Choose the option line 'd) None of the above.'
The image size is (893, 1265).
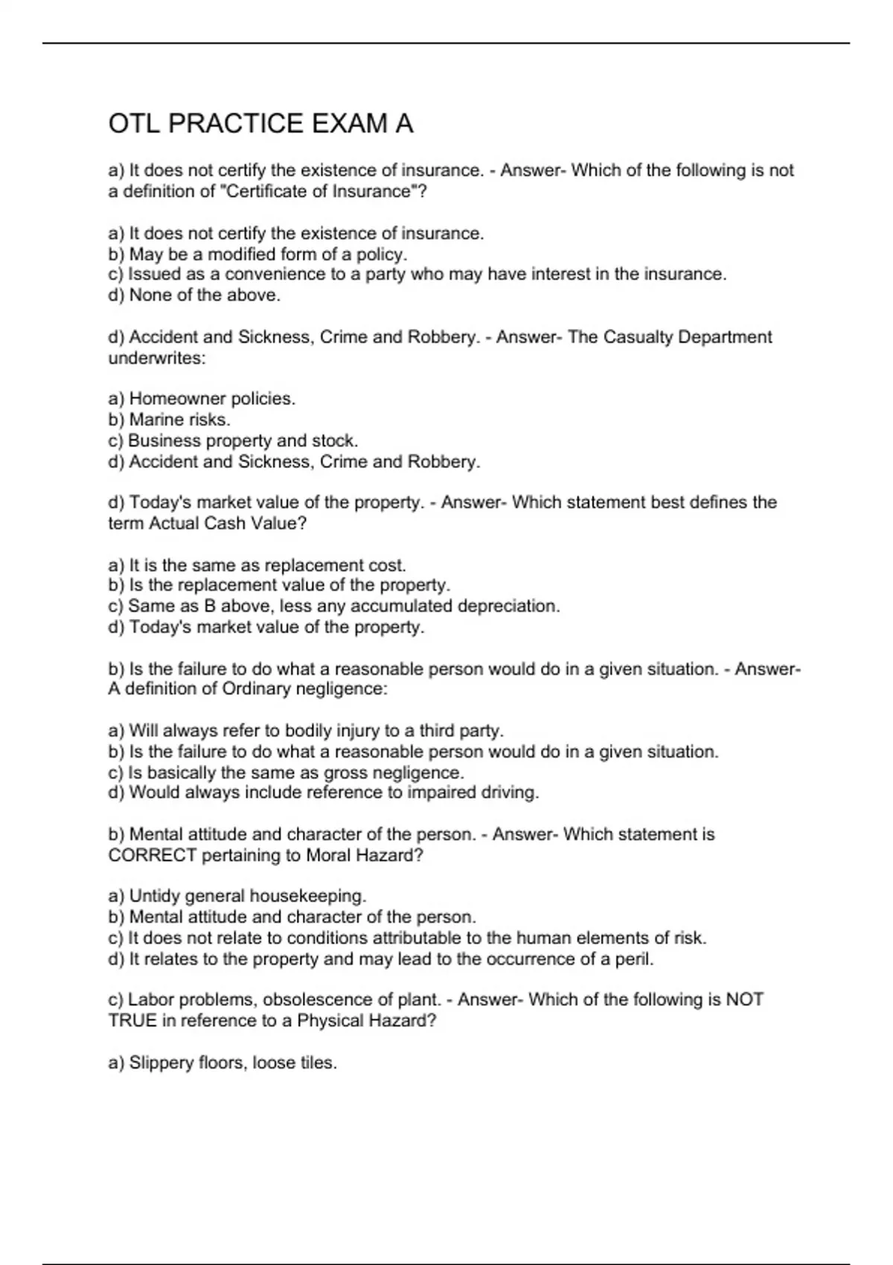tap(194, 295)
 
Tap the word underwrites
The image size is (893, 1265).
tap(156, 358)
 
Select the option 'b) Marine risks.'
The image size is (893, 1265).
tap(169, 420)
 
